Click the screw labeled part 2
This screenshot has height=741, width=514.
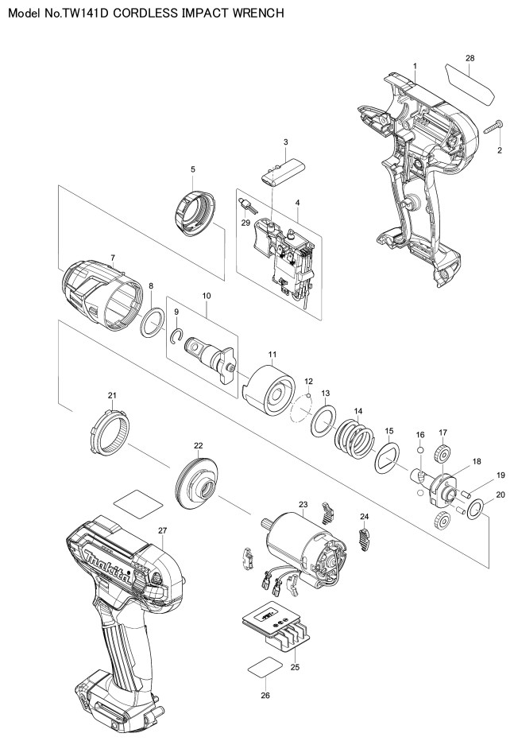coord(493,126)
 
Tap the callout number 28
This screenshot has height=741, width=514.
coord(470,59)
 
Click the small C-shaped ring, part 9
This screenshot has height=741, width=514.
coord(176,335)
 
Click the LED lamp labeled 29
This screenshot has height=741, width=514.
coord(248,206)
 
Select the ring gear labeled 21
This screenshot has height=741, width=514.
coord(110,433)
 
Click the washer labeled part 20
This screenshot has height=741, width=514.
coord(475,510)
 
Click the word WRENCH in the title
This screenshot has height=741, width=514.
coord(257,14)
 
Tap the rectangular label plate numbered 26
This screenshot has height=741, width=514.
coord(265,667)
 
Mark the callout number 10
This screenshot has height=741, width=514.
coord(207,296)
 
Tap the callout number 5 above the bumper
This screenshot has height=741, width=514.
coord(192,169)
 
